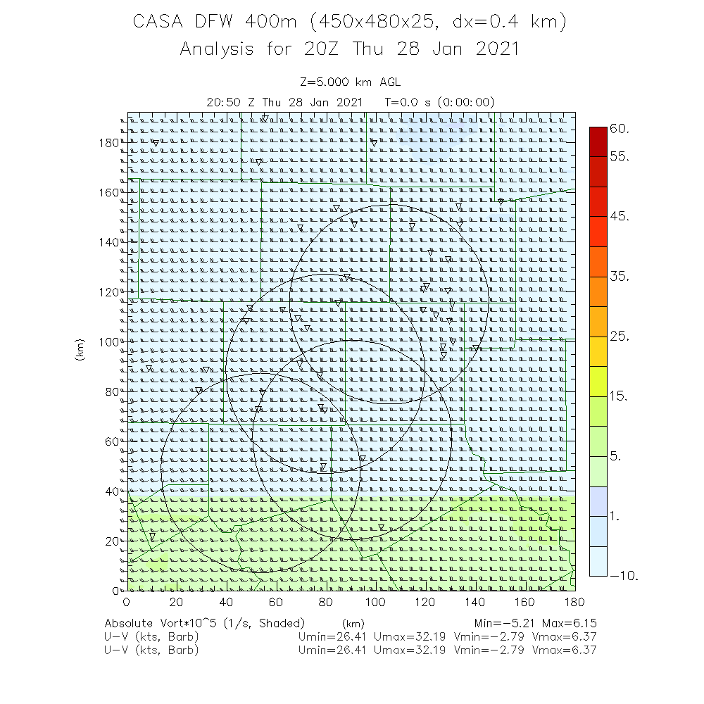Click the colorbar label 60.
coord(620,129)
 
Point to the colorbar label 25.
coord(620,337)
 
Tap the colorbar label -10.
coord(624,576)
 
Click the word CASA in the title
coord(161,22)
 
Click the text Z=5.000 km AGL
coord(350,83)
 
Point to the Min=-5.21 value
coord(503,623)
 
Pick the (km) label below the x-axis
coord(353,624)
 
